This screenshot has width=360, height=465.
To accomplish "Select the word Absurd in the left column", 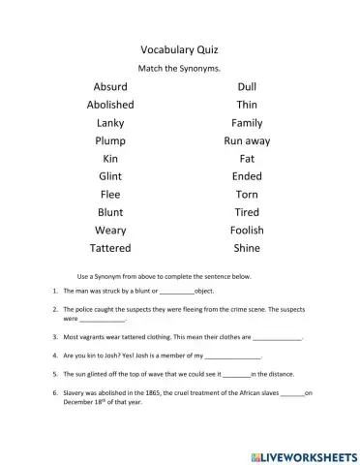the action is [110, 87].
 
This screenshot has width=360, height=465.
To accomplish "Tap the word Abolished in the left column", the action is [110, 105].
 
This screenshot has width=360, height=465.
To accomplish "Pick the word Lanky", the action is [110, 123].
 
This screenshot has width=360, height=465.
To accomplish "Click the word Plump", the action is [110, 140].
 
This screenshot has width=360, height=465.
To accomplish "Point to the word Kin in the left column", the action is [110, 159].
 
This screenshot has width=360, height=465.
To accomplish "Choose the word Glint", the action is [110, 176].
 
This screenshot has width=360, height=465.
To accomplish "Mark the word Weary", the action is [110, 231].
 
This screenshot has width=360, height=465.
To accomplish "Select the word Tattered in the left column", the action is [110, 248].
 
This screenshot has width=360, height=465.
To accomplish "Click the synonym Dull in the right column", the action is [247, 87].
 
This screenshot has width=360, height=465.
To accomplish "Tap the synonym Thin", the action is [247, 105].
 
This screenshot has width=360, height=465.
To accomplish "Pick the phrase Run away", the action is [247, 140].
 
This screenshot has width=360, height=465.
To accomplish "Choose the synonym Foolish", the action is [247, 231].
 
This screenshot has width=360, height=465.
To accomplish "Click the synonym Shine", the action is [247, 248].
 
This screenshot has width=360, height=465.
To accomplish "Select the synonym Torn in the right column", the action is [247, 195].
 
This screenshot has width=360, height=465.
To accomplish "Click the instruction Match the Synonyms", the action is [179, 68].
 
